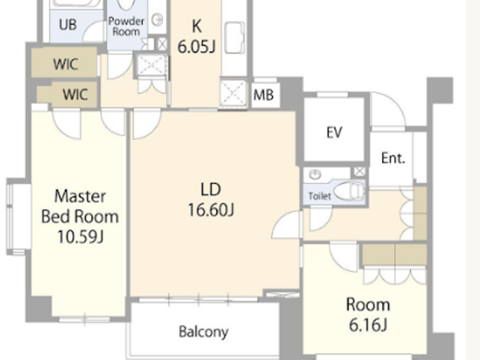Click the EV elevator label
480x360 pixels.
point(334,132)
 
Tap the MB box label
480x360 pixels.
point(263,95)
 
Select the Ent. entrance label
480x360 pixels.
point(393,158)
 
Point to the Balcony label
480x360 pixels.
point(203,332)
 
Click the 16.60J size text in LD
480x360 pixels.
point(211,210)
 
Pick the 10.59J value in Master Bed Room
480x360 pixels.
point(80,237)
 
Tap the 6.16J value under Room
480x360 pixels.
point(368,324)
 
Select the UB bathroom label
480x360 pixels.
point(68,25)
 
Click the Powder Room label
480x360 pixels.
point(126,26)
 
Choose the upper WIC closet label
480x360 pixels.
point(65,64)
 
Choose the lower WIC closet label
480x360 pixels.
point(75,94)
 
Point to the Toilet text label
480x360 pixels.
point(320,196)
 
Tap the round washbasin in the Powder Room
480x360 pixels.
point(157,20)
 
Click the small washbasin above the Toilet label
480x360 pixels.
point(315,175)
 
